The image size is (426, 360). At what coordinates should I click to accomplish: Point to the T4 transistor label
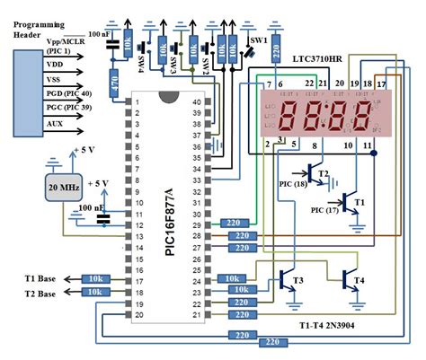pos(359,281)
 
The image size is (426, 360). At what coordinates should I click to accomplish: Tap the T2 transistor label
pos(324,172)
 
